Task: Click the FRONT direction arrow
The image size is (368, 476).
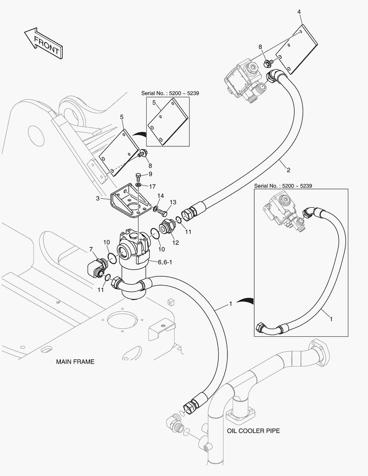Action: (43, 43)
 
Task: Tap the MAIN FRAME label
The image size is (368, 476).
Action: (75, 361)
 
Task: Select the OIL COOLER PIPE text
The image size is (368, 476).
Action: (253, 431)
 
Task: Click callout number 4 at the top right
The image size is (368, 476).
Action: (299, 11)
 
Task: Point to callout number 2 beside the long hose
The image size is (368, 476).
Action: (288, 169)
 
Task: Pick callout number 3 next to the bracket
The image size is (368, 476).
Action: (97, 199)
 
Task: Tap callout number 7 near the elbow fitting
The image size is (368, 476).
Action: (91, 250)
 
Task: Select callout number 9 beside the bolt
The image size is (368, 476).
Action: (150, 174)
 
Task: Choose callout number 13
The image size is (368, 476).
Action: (173, 202)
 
